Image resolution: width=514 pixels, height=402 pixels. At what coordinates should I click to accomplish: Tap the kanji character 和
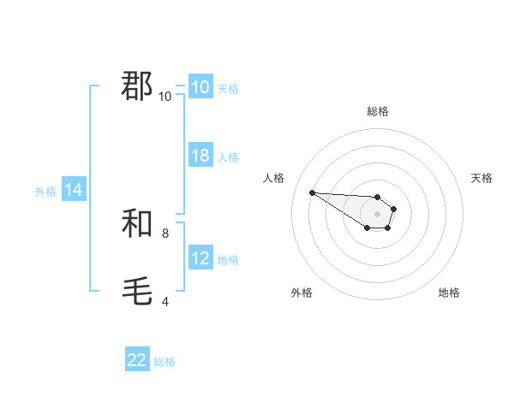138,224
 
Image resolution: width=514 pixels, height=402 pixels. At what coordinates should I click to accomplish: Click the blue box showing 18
200,156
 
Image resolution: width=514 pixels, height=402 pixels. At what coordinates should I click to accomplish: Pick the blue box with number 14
74,191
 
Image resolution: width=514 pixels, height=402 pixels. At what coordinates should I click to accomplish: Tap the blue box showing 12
200,258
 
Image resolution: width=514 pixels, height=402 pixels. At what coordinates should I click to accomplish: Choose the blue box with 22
137,360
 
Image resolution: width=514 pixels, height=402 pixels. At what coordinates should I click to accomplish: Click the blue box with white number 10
200,87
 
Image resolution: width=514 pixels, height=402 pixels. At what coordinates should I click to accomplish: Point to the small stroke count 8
165,233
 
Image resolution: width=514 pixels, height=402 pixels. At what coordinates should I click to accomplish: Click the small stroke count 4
165,301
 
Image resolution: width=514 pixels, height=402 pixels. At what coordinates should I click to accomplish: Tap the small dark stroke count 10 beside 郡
165,96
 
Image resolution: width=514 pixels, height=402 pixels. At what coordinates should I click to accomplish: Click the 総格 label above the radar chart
377,111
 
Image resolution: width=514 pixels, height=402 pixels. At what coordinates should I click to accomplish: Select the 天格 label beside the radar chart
482,178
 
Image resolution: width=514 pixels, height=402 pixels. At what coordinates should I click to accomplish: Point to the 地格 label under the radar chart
449,293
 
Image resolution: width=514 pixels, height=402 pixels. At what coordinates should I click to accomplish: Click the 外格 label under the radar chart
302,293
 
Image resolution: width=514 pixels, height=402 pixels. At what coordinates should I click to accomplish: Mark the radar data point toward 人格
312,192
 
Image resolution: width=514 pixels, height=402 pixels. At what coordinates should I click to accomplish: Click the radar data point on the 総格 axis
377,197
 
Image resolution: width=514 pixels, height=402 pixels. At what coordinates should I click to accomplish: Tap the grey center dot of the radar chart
377,214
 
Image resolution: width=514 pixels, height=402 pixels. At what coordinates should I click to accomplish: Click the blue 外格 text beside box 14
45,192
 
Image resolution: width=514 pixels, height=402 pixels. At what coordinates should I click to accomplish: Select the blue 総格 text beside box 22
164,362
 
